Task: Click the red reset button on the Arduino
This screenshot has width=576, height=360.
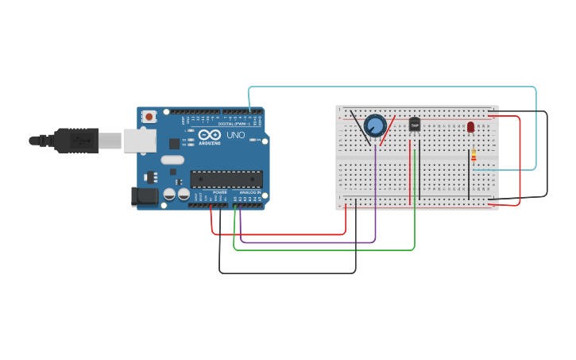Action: [x=149, y=116]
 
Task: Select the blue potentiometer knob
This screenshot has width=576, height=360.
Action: [x=375, y=126]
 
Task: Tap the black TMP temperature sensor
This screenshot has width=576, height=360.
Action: [x=414, y=125]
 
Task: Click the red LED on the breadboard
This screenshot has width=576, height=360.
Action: [x=470, y=126]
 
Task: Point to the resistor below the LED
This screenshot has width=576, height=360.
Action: [x=474, y=155]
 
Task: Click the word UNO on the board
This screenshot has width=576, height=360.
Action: [x=236, y=135]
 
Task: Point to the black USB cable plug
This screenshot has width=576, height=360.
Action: [x=76, y=139]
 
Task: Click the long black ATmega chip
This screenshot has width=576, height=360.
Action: [x=226, y=179]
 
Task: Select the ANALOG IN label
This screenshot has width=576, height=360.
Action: [x=249, y=192]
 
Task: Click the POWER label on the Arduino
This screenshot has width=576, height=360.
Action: [x=220, y=192]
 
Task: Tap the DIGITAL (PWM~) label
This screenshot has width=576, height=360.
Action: [x=236, y=124]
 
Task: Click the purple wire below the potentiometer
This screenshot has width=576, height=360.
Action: [x=375, y=191]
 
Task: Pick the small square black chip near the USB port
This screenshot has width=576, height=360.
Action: [x=174, y=144]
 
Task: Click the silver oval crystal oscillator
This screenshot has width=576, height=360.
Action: [x=172, y=160]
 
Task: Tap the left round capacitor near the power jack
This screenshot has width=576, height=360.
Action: [x=169, y=193]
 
